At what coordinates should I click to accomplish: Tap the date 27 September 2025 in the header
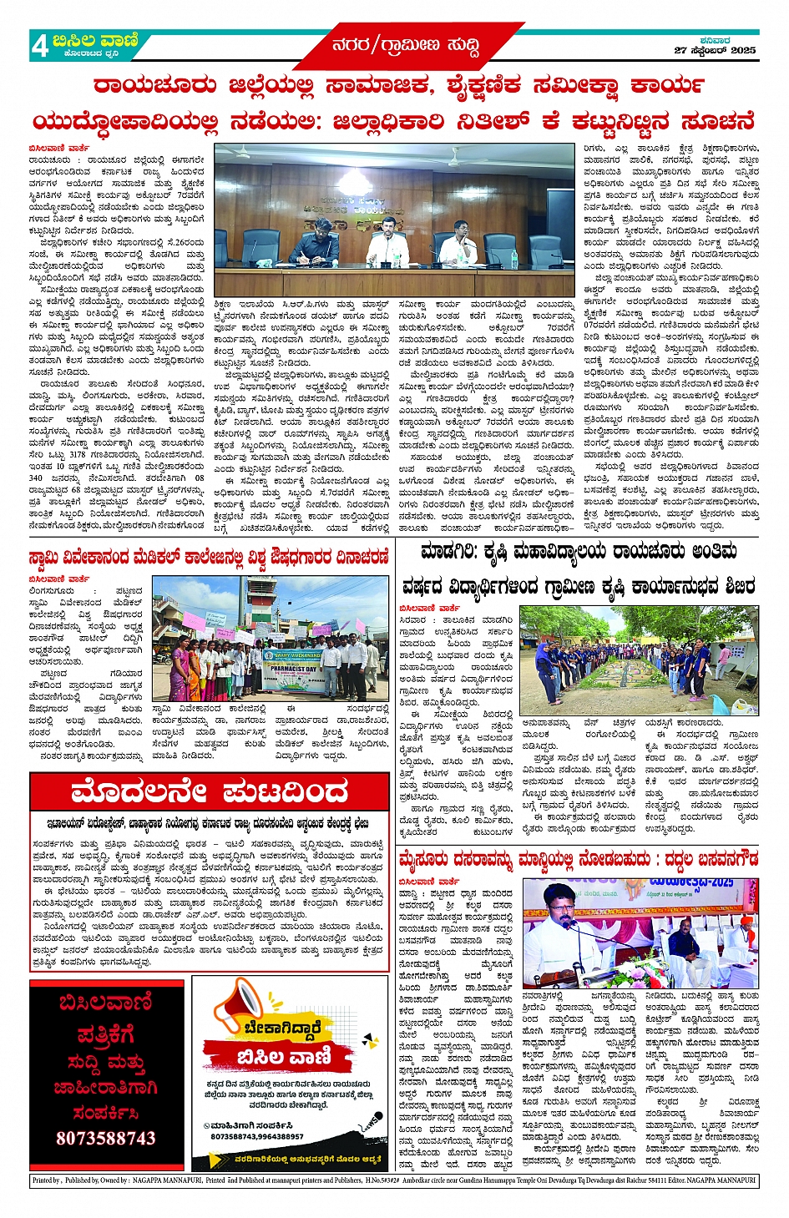[x=715, y=51]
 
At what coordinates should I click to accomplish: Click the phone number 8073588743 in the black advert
[x=106, y=1138]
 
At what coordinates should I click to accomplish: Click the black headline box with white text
[x=209, y=791]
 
